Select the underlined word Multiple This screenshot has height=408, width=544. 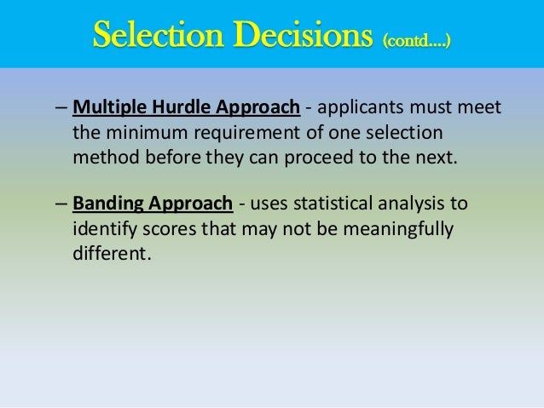click(x=106, y=109)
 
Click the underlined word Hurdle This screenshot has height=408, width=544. click(x=171, y=109)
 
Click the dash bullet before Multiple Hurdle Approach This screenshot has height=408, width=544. click(x=61, y=109)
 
